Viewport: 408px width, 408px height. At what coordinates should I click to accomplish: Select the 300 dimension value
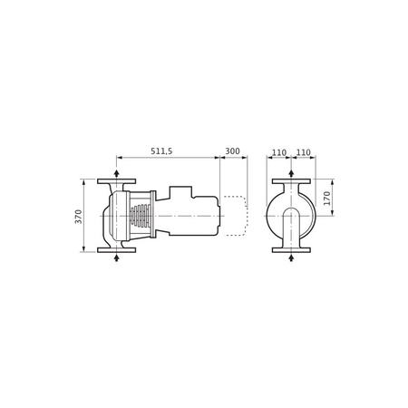[233, 151]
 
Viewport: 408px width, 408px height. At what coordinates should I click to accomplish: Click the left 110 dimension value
[278, 151]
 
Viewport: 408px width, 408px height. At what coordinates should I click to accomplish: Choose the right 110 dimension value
[302, 151]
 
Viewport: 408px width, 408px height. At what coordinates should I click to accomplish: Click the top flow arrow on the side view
[117, 172]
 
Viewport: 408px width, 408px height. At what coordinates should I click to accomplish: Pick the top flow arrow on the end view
[290, 172]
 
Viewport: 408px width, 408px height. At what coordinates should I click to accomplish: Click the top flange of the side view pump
[117, 182]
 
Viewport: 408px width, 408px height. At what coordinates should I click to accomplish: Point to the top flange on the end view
[290, 182]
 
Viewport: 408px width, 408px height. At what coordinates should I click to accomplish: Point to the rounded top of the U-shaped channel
[290, 210]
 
